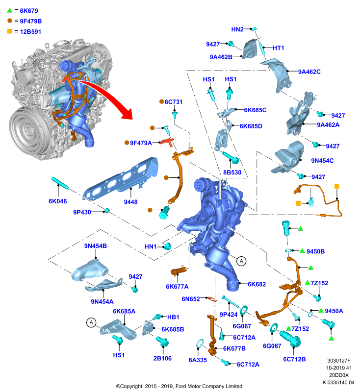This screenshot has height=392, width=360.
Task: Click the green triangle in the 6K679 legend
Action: tap(9, 10)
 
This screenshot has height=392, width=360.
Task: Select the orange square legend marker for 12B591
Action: tap(9, 31)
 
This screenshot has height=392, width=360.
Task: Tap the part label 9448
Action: tap(130, 202)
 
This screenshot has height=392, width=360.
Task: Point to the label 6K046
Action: tap(57, 201)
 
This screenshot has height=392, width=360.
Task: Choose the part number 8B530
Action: tap(232, 172)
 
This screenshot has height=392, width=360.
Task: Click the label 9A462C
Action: tap(309, 72)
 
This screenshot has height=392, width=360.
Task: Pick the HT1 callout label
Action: tap(278, 48)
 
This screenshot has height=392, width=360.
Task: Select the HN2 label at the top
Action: tap(237, 29)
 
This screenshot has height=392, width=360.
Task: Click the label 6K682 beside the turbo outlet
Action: tap(257, 284)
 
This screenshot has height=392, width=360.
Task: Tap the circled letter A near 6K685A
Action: tap(91, 322)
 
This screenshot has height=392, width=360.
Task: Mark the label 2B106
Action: tap(162, 358)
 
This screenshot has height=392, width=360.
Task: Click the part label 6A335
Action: tap(198, 360)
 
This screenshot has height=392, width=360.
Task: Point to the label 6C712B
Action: tap(294, 359)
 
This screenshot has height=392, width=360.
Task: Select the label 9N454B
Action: tap(95, 246)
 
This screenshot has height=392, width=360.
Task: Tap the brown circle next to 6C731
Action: tap(162, 101)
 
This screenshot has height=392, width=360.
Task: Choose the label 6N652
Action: tap(191, 299)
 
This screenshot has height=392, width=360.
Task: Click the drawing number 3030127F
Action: tap(339, 361)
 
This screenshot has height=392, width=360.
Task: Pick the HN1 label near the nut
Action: tap(151, 246)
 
